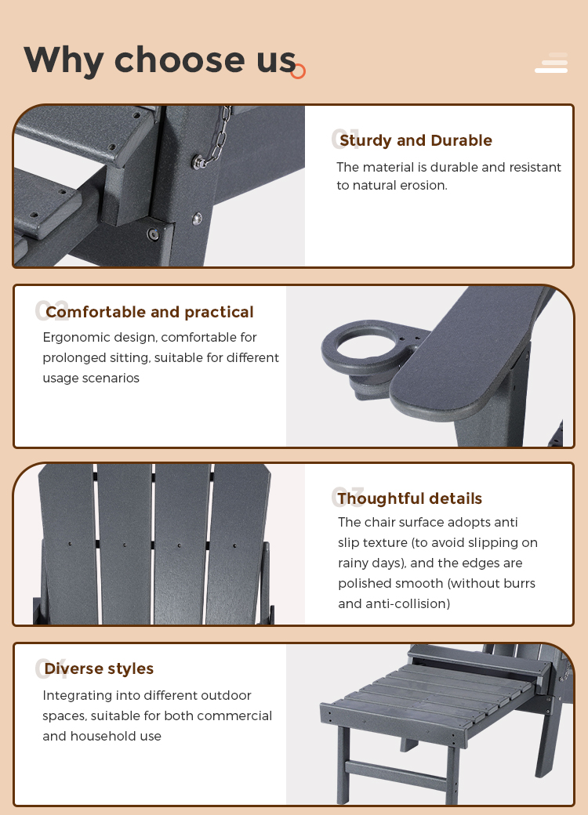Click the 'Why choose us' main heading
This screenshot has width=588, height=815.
pos(160,60)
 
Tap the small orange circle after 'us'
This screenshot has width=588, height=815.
pos(298,71)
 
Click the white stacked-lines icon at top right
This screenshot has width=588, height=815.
pos(552,63)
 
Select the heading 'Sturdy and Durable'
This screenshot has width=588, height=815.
pos(416,140)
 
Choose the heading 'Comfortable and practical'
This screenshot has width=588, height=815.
pos(150,312)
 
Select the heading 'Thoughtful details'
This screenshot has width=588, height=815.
pos(410,498)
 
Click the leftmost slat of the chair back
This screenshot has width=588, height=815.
pos(67,544)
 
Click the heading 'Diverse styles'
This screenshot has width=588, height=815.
pos(99,668)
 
